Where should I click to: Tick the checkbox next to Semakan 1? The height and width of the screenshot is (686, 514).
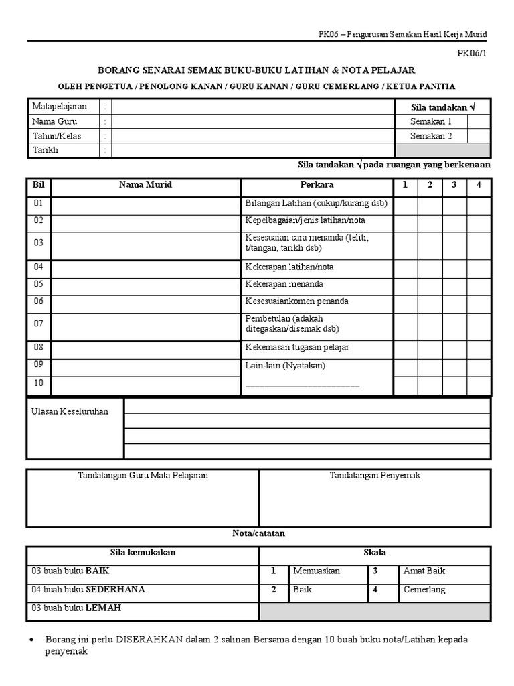click(x=479, y=121)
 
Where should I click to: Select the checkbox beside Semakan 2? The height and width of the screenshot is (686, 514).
click(x=479, y=136)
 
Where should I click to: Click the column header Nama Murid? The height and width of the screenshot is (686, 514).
click(x=145, y=184)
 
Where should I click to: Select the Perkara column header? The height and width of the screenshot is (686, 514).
click(x=317, y=184)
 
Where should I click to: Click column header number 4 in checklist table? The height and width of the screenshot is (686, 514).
click(x=479, y=184)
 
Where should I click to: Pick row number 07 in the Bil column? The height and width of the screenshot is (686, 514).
click(x=39, y=324)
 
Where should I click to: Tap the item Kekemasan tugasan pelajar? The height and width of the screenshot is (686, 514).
click(x=297, y=347)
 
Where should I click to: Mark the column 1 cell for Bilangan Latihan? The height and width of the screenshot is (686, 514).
click(x=406, y=203)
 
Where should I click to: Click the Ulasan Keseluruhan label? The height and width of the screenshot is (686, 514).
click(x=70, y=411)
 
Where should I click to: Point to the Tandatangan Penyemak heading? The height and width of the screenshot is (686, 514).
click(x=375, y=475)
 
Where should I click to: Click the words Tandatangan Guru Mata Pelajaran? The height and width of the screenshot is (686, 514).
click(x=143, y=475)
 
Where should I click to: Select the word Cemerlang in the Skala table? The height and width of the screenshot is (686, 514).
click(x=424, y=590)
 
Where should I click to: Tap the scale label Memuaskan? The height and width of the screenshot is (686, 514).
click(x=317, y=571)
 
